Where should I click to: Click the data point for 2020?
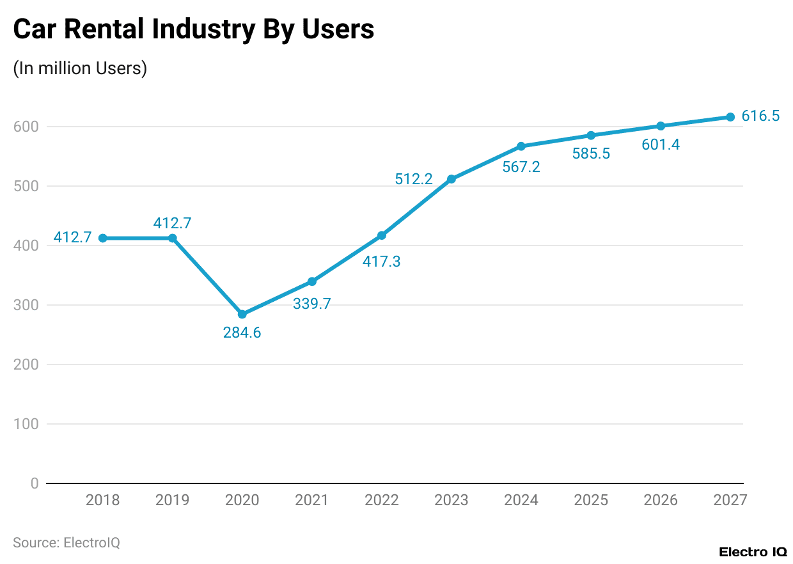point(242,314)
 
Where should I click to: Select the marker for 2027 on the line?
point(730,117)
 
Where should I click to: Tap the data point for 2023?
point(451,179)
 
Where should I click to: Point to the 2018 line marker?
point(102,238)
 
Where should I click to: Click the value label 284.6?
point(242,333)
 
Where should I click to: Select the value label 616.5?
point(760,116)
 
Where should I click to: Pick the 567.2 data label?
point(521,167)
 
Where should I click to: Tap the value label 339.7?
point(312,304)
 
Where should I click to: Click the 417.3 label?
point(382,261)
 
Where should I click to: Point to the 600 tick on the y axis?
point(26,127)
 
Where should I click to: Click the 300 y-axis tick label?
point(26,305)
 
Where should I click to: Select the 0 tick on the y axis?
point(35,483)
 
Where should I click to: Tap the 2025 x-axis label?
point(591,500)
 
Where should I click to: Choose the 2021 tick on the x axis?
point(312,500)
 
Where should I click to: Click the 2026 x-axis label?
point(661,500)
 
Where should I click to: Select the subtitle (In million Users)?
point(80,68)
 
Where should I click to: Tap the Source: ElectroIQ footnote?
point(67,543)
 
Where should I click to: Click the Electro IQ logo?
point(753,552)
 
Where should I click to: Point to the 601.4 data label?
point(661,145)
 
